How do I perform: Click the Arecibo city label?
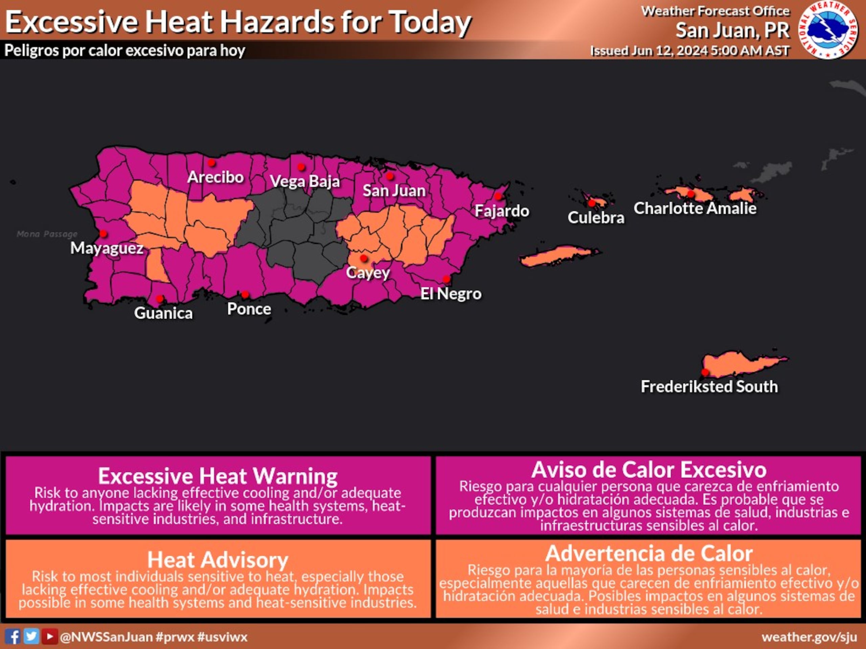tap(215, 177)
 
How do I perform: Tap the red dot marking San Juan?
tap(390, 176)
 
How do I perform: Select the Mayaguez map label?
tap(107, 248)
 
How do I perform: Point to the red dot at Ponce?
tap(245, 294)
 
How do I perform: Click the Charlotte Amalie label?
tap(695, 208)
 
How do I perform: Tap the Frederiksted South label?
tap(709, 386)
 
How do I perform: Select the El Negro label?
tap(451, 294)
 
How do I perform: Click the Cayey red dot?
tap(364, 258)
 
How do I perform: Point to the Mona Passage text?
tap(47, 234)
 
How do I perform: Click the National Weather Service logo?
tap(828, 30)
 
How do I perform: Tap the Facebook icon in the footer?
tap(13, 636)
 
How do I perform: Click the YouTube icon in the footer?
tap(49, 636)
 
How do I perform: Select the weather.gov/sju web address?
tap(809, 637)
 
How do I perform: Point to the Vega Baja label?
tap(304, 182)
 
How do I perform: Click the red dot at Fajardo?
tap(498, 196)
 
